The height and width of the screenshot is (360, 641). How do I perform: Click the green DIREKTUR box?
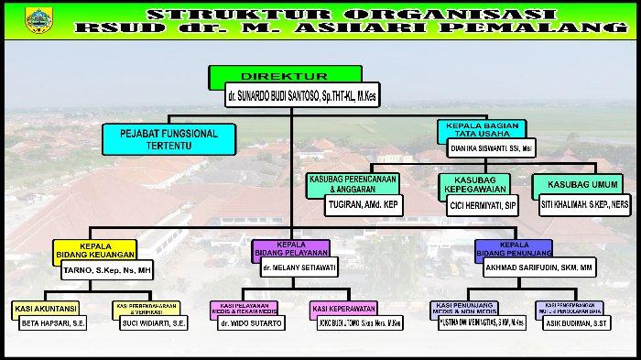285,75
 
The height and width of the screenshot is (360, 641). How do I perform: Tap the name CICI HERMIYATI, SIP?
483,208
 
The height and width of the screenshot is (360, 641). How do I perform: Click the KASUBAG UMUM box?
575,184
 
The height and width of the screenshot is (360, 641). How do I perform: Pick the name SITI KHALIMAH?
583,204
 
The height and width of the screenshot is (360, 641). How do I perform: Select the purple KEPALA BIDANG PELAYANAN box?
290,248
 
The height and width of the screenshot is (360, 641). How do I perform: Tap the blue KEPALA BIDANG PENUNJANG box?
514,249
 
